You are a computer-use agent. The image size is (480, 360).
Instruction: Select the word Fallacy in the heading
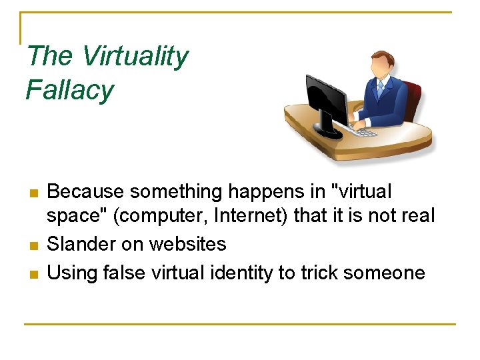pos(69,90)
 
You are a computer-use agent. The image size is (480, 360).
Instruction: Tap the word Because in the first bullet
pos(86,192)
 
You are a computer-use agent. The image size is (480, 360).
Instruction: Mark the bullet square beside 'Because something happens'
pos(33,194)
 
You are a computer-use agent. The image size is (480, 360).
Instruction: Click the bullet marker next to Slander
pos(33,246)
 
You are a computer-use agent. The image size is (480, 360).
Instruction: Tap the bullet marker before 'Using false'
pos(33,274)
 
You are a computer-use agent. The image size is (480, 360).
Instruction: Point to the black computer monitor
pos(326,103)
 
